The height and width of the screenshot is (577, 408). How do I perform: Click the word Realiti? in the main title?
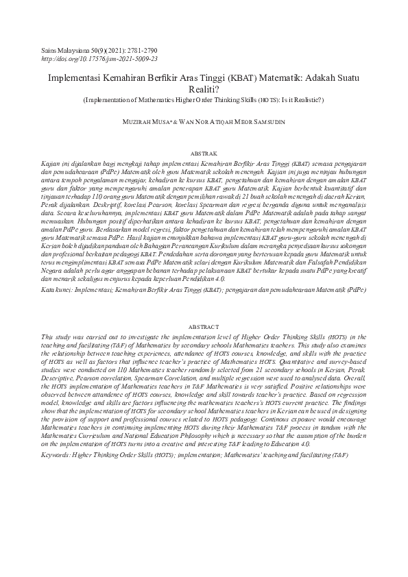pyautogui.click(x=204, y=89)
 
